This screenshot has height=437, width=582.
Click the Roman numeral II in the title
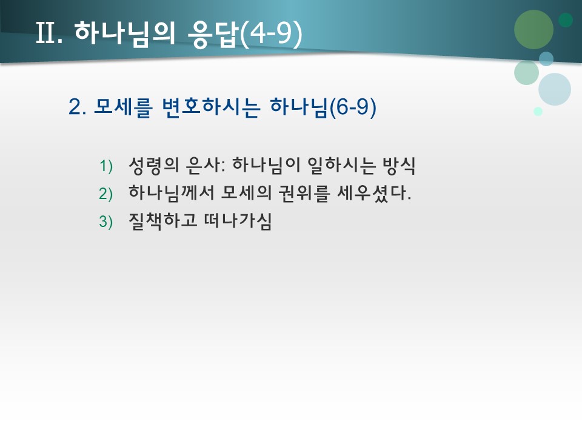(x=47, y=34)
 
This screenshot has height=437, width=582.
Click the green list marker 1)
(x=106, y=166)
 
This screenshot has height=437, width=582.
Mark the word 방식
(x=400, y=164)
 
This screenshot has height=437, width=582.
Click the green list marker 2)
(x=106, y=194)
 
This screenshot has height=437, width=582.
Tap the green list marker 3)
(x=106, y=222)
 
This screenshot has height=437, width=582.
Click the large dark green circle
(x=533, y=29)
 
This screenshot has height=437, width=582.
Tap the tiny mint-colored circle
(x=538, y=111)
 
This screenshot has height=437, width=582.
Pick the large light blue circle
(x=554, y=89)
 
